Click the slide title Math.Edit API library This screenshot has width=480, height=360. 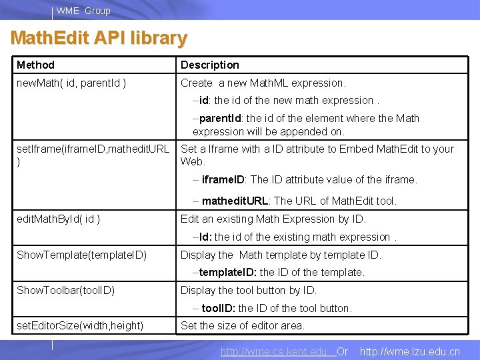(99, 38)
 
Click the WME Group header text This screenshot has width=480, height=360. (83, 11)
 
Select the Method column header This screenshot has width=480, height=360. (36, 65)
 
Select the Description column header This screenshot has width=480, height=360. (209, 65)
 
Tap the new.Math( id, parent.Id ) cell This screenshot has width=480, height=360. (72, 83)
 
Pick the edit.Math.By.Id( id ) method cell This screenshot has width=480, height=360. (59, 219)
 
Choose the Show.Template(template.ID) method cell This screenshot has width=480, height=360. (81, 255)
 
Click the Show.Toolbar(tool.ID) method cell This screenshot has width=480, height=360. (65, 290)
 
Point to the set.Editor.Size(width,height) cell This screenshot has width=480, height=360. (80, 325)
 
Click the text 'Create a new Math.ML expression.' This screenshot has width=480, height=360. (263, 83)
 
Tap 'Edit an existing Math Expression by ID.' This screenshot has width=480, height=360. (273, 219)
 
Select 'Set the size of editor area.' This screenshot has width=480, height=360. (243, 325)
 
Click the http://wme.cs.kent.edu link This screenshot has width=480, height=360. (274, 351)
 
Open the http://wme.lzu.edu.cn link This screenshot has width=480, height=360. (409, 351)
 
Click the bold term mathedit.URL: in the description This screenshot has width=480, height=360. (237, 201)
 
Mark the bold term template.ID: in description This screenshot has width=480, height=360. (228, 272)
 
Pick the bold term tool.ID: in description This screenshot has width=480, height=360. (219, 308)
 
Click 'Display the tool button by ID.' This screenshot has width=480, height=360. (249, 290)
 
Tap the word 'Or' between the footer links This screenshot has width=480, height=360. (343, 351)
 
